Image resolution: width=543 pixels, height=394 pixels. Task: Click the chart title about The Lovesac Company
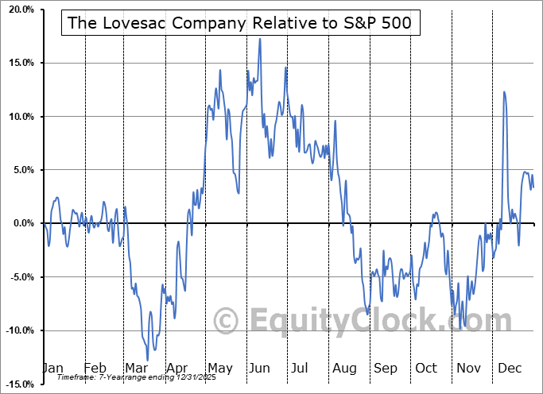click(240, 23)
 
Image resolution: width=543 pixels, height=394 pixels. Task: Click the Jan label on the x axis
click(52, 369)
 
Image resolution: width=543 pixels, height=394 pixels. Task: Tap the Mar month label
click(135, 369)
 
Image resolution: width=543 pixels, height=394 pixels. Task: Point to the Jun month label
click(260, 369)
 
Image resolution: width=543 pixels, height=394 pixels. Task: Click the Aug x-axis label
click(344, 369)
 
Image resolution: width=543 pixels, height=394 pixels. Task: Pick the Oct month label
click(427, 369)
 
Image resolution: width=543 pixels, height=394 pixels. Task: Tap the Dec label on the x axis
click(510, 369)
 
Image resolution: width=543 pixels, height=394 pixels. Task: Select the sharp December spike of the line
click(504, 92)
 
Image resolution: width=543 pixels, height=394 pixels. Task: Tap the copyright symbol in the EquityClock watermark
click(227, 322)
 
